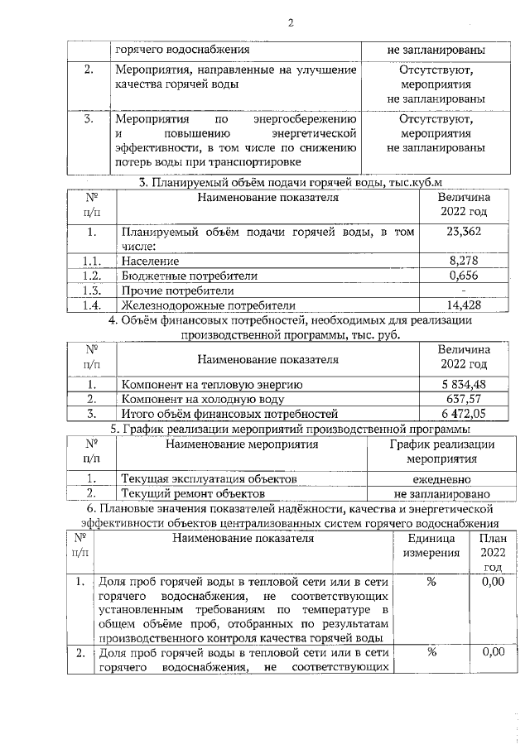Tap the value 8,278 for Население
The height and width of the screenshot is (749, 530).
(464, 261)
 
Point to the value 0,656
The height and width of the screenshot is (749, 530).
(464, 275)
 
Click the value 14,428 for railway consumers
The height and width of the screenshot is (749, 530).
(464, 305)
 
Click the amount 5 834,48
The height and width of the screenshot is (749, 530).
(464, 384)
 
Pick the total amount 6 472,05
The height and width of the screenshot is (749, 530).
(464, 414)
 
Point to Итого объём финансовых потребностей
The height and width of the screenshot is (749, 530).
(229, 414)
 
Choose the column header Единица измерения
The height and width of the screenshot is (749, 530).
(431, 545)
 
